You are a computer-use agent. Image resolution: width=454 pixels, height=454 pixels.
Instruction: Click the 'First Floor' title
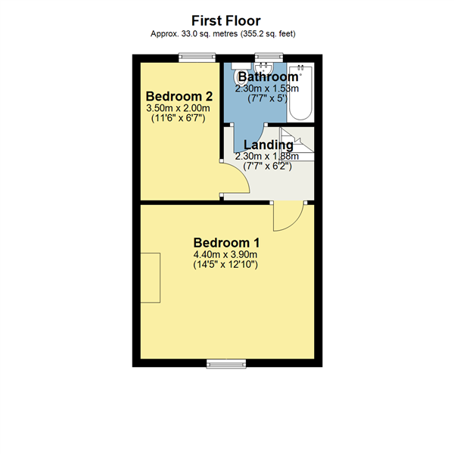click(226, 20)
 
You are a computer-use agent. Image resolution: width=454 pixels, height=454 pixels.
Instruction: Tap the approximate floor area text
click(226, 34)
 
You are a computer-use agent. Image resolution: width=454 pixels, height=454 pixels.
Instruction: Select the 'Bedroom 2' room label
click(179, 96)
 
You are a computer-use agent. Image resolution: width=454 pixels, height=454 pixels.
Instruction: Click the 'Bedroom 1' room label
click(226, 242)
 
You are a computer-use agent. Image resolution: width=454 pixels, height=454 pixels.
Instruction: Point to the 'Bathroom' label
click(267, 77)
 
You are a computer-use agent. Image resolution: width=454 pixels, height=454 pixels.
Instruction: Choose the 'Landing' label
click(267, 145)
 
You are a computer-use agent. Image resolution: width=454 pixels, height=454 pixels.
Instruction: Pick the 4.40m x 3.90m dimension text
click(226, 255)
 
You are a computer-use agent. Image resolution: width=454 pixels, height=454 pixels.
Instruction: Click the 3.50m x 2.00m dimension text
click(179, 108)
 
